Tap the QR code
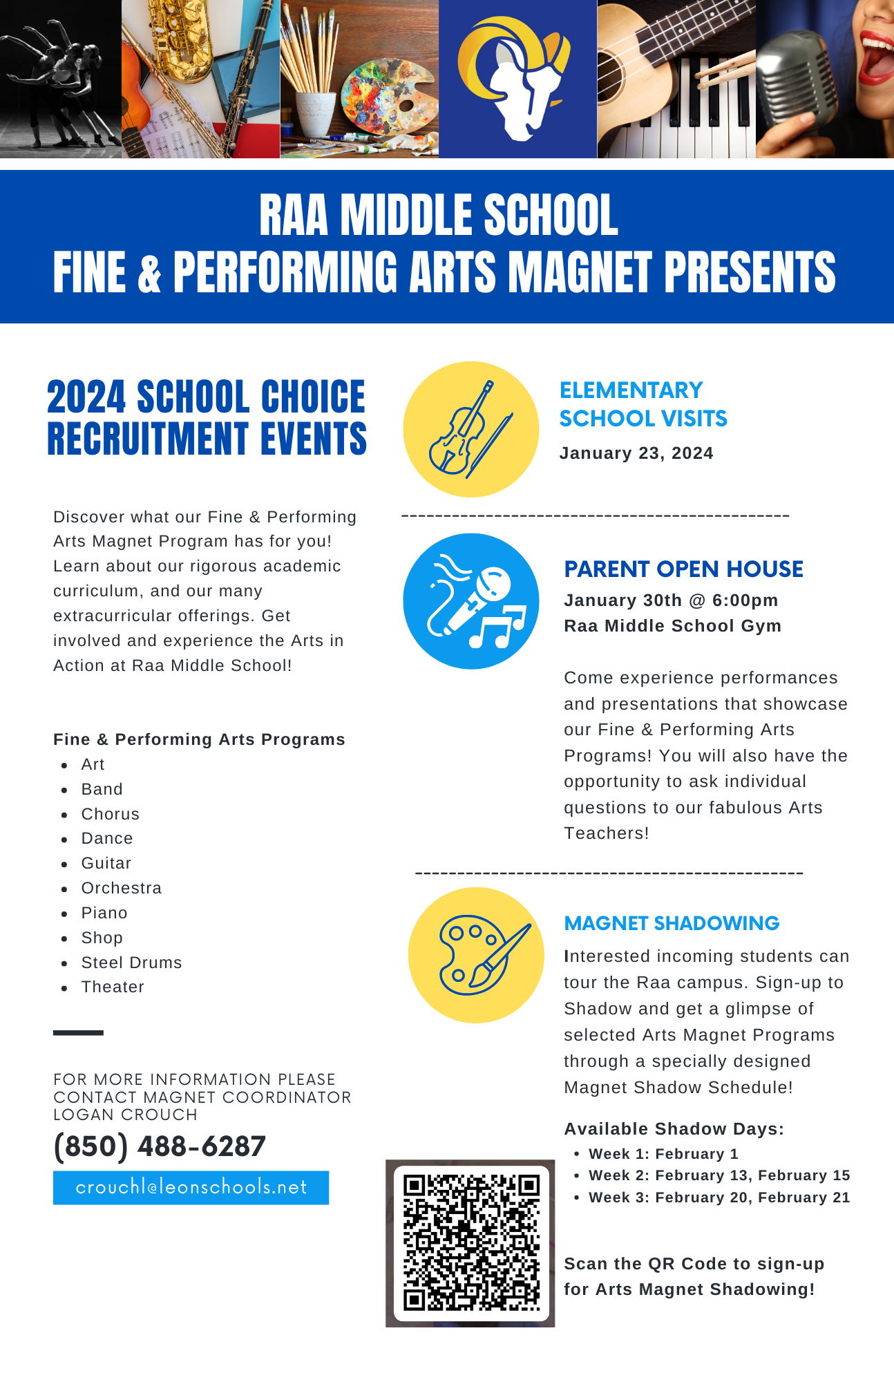471,1242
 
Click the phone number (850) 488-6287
160,1146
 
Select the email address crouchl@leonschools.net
191,1187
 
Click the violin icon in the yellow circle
470,429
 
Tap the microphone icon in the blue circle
470,601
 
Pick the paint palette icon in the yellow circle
476,955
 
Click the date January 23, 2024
636,453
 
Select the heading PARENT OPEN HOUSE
683,569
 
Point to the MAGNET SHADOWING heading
672,923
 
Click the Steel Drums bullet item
131,963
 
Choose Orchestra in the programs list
122,888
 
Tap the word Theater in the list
113,987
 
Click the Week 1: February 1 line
663,1154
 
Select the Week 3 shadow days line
719,1198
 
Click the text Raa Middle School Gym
672,626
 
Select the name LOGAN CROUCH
125,1115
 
